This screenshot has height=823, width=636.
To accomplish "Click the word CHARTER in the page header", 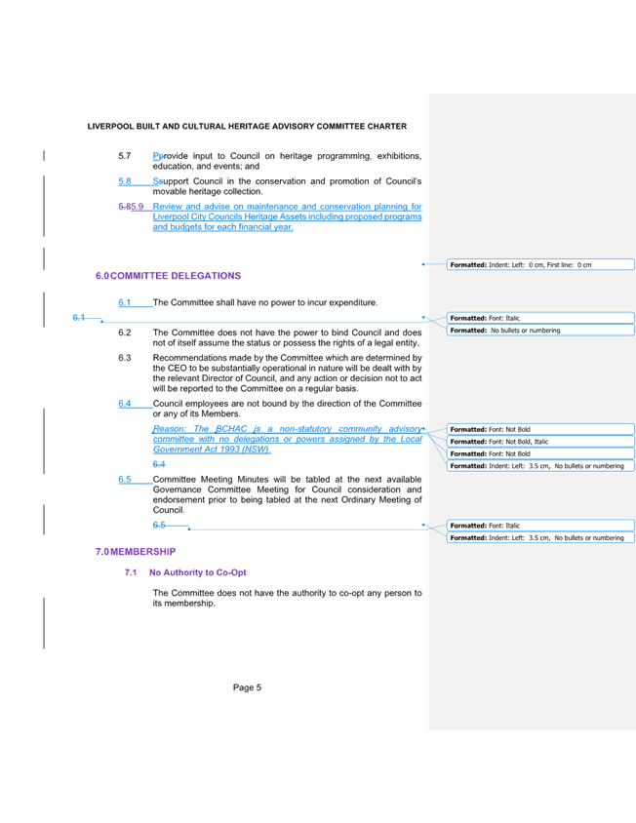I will (x=390, y=127).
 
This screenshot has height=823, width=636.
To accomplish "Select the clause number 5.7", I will (x=124, y=155).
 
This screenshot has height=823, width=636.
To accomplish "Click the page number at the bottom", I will (x=248, y=687).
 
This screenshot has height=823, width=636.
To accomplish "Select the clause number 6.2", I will (x=124, y=333).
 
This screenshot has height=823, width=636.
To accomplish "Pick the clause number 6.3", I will (x=124, y=358).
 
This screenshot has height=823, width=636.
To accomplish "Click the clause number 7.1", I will (x=130, y=572).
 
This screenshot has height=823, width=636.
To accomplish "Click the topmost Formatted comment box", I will (x=540, y=264).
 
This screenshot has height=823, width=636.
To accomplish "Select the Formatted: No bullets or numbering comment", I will (x=540, y=331).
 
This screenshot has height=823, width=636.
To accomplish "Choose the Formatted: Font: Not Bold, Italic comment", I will (x=540, y=442).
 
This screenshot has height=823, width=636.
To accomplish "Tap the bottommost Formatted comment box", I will (x=540, y=537).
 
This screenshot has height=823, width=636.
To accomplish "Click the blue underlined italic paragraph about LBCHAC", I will (x=287, y=439).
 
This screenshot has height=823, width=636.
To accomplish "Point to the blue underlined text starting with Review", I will (x=287, y=216).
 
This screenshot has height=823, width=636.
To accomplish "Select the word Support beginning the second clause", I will (x=167, y=181).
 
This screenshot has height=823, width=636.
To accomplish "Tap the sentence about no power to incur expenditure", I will (x=265, y=303).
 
